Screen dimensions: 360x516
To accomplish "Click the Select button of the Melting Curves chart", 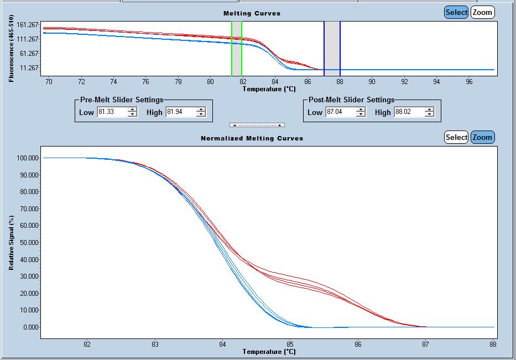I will pyautogui.click(x=456, y=12).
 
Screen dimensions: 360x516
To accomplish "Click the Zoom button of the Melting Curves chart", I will pyautogui.click(x=482, y=12).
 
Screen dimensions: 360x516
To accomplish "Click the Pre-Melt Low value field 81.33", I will pyautogui.click(x=112, y=112).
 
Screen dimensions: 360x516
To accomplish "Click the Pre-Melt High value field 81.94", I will pyautogui.click(x=180, y=112).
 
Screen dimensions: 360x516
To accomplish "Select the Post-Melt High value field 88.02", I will pyautogui.click(x=408, y=112).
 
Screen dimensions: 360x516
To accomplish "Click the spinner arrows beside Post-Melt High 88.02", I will pyautogui.click(x=429, y=112).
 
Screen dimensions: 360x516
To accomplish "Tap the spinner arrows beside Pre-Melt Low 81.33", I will pyautogui.click(x=132, y=112).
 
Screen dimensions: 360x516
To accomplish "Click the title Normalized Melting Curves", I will pyautogui.click(x=252, y=138).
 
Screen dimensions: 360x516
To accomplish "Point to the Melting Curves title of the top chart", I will pyautogui.click(x=252, y=13).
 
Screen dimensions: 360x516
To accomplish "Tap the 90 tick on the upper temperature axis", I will pyautogui.click(x=372, y=82).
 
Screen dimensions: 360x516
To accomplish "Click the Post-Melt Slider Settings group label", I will pyautogui.click(x=351, y=100).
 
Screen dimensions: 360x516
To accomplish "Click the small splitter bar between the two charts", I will pyautogui.click(x=257, y=125).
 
